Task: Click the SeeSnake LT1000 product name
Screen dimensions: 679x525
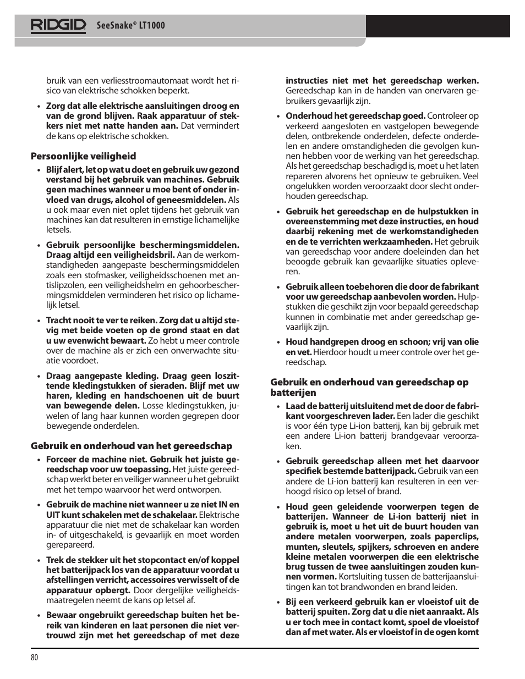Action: click(x=130, y=26)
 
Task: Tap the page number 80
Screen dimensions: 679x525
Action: click(x=34, y=659)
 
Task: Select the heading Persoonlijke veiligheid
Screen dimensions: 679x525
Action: click(x=83, y=156)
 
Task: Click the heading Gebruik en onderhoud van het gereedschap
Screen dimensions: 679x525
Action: click(x=131, y=446)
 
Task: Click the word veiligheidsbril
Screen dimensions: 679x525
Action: click(x=144, y=255)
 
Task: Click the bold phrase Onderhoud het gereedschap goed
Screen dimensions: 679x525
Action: click(x=355, y=116)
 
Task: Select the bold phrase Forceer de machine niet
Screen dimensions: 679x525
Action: click(x=96, y=460)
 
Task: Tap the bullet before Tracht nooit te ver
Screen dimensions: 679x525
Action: click(x=39, y=321)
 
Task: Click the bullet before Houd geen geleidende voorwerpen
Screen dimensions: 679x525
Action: click(x=278, y=507)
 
